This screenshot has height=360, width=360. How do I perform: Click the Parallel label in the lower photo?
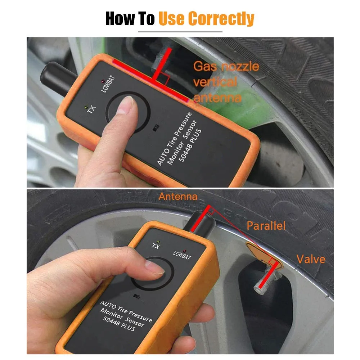[x=266, y=226]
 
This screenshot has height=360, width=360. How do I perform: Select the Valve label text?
[x=310, y=259]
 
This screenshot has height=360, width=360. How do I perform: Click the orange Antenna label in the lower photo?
[x=178, y=197]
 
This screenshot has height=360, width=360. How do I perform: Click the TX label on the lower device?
[x=156, y=246]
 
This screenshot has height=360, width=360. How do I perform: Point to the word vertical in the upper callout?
[x=215, y=82]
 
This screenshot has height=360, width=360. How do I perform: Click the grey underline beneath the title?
[x=180, y=32]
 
